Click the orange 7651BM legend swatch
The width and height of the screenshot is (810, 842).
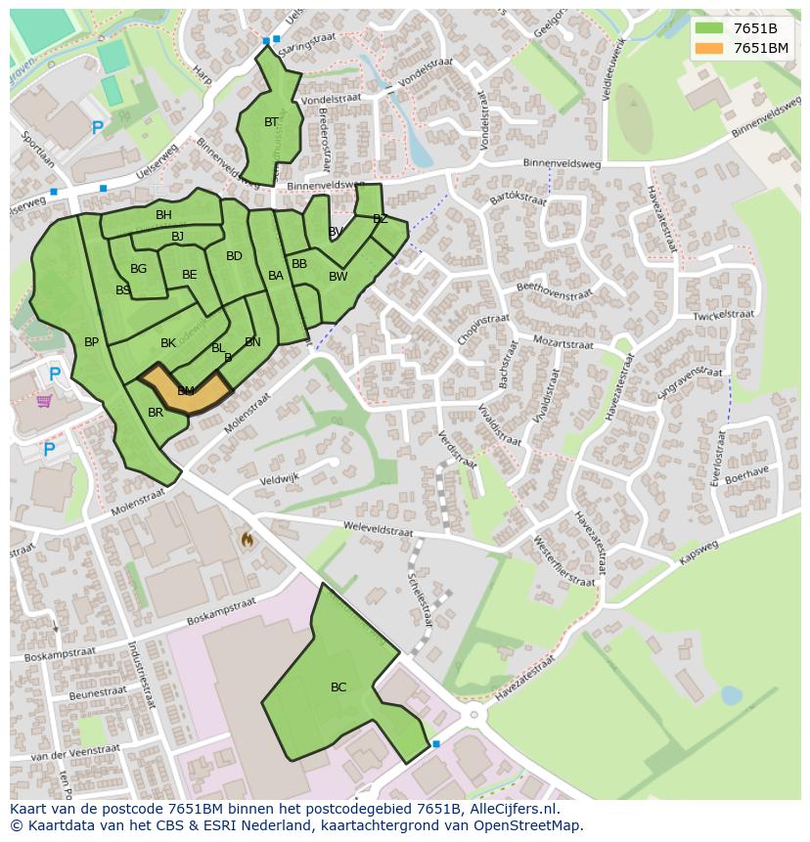[710, 48]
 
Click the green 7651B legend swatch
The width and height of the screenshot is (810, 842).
[710, 28]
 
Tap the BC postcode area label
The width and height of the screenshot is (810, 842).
[338, 687]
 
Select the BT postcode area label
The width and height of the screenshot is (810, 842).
[271, 122]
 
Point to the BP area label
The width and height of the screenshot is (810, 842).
[91, 342]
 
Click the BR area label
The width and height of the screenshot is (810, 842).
[156, 413]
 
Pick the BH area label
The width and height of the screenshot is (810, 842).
[163, 215]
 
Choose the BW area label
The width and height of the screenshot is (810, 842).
[337, 277]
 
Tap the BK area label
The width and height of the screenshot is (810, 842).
[168, 343]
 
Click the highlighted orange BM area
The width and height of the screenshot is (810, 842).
[186, 391]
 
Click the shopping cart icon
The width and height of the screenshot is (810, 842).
[44, 401]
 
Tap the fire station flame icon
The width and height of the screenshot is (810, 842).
[247, 539]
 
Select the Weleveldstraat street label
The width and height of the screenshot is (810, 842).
[378, 528]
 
